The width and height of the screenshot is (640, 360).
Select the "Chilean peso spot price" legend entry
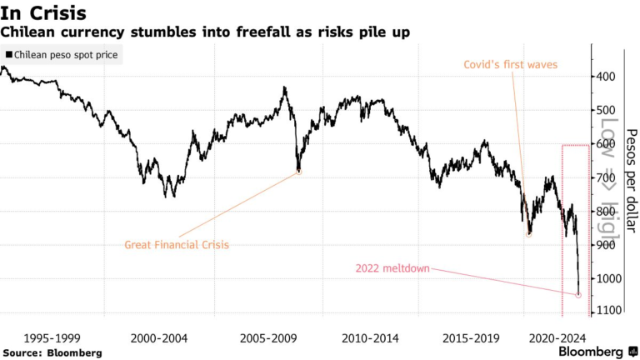(x=62, y=56)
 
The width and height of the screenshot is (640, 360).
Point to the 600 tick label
(x=604, y=144)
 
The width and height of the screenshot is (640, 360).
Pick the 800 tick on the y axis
(x=604, y=212)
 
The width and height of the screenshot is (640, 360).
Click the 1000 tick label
(x=607, y=278)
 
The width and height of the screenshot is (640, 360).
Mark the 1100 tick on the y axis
(x=607, y=312)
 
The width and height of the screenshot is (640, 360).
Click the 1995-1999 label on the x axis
(x=52, y=338)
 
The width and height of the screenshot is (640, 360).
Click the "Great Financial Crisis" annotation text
(x=176, y=245)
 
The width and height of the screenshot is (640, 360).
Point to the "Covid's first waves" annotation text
(x=510, y=63)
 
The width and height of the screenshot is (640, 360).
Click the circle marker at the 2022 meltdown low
(x=578, y=294)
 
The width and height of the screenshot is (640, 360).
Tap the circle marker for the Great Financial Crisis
(x=298, y=172)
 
